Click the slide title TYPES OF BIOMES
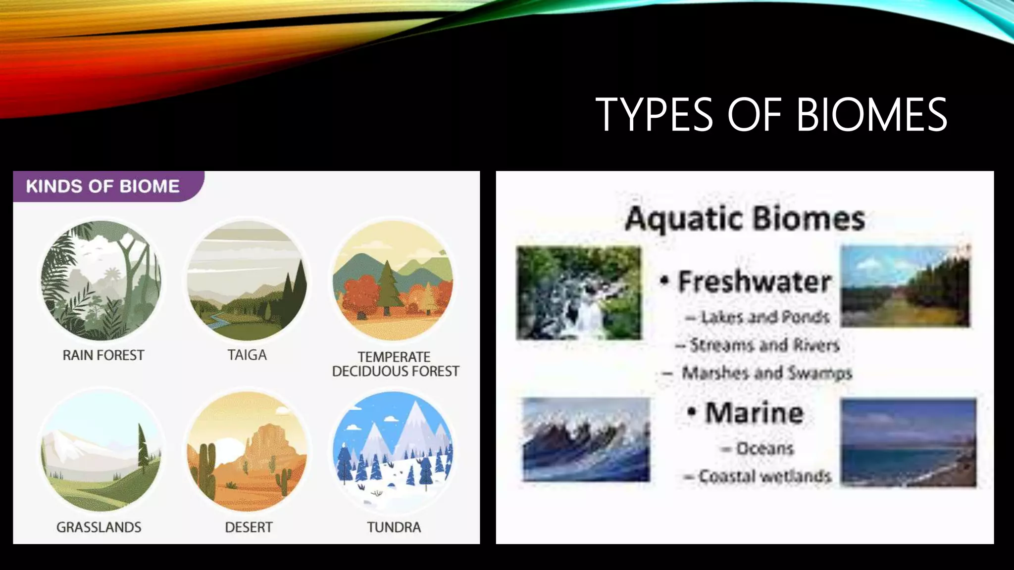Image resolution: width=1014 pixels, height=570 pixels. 771,115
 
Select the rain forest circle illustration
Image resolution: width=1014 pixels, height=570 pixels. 101,281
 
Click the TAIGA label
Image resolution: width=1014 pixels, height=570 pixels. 247,355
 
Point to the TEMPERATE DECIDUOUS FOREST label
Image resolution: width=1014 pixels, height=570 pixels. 395,364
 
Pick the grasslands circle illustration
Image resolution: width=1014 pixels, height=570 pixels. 101,451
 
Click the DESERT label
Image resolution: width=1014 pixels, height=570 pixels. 249,527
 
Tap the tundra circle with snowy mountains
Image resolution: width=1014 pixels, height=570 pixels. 394,451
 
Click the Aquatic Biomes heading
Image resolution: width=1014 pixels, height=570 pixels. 745,219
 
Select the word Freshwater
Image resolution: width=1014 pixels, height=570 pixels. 754,282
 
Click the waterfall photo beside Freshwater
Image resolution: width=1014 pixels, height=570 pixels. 578,293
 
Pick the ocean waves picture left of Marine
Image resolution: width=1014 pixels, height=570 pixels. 586,439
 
